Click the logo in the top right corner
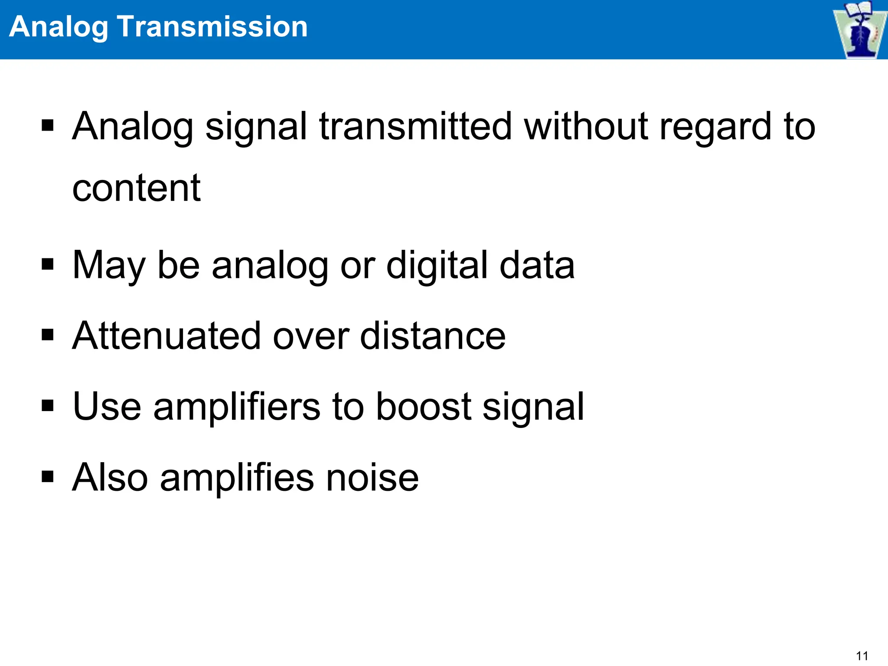(x=860, y=29)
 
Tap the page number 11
(x=862, y=656)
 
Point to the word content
(x=136, y=188)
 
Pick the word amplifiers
(x=237, y=407)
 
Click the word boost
(x=423, y=406)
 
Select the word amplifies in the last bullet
(x=237, y=478)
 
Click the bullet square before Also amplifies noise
(x=48, y=477)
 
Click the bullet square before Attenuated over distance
(x=48, y=335)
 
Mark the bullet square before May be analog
(x=48, y=264)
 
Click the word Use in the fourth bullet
(x=107, y=406)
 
